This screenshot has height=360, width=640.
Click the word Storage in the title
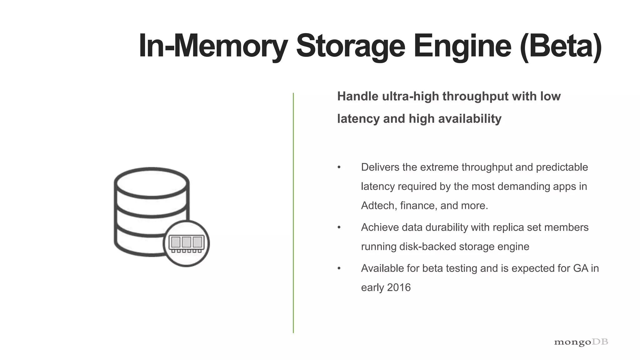(350, 46)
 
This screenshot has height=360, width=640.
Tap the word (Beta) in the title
(561, 46)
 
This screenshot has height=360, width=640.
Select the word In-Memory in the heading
(213, 46)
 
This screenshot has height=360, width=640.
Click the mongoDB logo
(581, 342)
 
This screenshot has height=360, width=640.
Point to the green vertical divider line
(293, 212)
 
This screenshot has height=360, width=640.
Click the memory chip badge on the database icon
(186, 243)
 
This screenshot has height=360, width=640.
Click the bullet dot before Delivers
(339, 167)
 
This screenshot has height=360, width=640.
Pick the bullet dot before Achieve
(339, 227)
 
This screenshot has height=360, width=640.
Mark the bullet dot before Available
(339, 268)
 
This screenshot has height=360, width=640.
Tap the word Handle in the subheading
(358, 96)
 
